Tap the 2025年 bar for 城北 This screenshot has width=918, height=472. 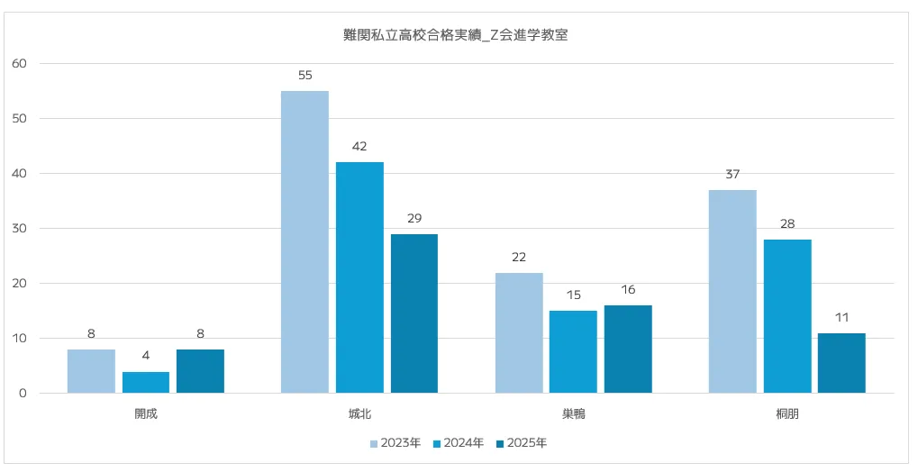414,313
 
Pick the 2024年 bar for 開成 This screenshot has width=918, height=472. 146,382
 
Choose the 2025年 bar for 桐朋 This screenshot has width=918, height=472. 841,363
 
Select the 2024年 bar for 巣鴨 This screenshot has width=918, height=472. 573,351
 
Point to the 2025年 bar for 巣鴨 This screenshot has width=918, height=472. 628,349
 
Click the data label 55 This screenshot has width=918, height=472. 304,76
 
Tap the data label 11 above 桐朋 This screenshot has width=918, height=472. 841,318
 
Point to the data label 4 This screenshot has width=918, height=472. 146,356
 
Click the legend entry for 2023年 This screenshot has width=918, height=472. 395,443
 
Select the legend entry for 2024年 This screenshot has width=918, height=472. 458,443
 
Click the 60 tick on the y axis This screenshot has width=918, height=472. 20,63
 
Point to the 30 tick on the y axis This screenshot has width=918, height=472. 20,228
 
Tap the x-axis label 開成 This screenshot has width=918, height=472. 146,413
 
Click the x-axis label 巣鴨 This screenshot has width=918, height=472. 573,413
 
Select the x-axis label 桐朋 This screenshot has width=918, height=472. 786,413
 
